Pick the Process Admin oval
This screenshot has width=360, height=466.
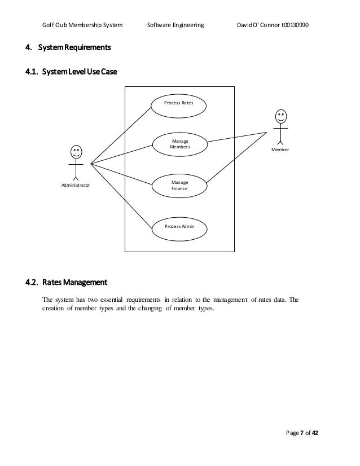(x=179, y=226)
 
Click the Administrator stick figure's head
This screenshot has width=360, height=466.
(x=75, y=152)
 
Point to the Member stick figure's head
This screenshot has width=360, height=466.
(x=280, y=117)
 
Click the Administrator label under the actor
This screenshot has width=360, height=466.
(x=75, y=184)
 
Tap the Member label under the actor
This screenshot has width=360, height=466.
(x=280, y=150)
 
